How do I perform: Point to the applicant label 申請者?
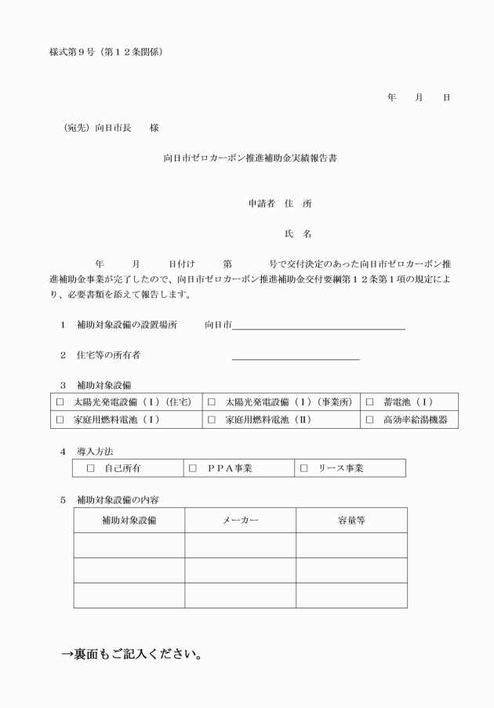tap(261, 203)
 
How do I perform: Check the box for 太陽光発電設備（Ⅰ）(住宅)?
tap(60, 402)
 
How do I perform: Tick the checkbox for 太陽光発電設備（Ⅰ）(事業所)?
tap(212, 402)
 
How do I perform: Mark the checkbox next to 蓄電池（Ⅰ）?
tap(369, 402)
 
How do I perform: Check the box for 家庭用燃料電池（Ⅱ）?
tap(212, 420)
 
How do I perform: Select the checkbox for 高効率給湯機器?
tap(369, 420)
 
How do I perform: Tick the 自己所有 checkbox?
tap(90, 469)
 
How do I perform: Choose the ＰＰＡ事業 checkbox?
tap(194, 469)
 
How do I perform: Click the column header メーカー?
tap(241, 521)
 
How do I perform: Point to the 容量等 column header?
tap(351, 521)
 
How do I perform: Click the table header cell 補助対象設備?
tap(129, 521)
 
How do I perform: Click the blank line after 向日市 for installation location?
tap(318, 328)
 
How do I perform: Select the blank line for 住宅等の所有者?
tap(296, 358)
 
